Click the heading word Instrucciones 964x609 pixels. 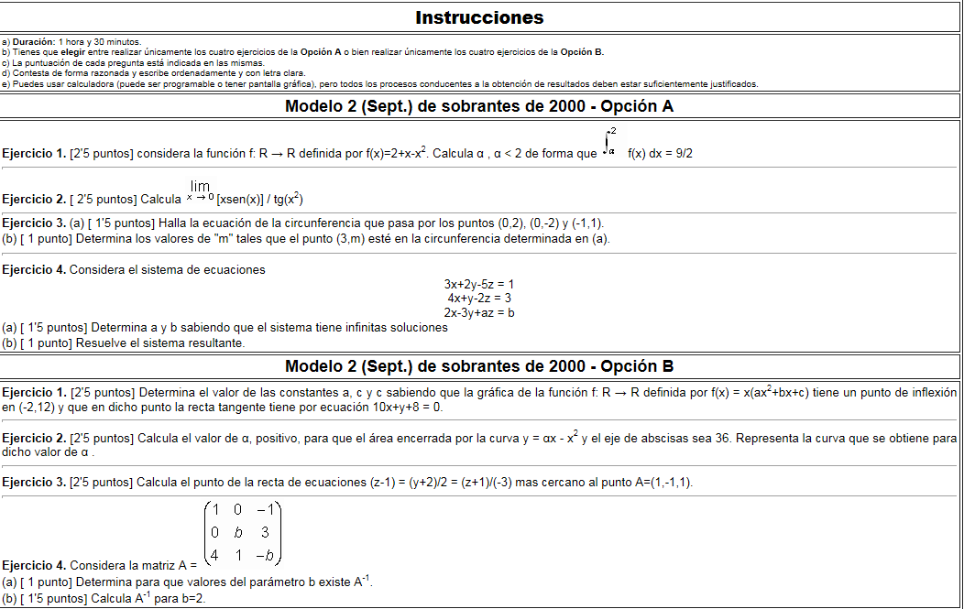tap(479, 17)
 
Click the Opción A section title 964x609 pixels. tap(479, 106)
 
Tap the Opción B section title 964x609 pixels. tap(479, 367)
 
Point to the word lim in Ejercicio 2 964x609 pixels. tap(201, 187)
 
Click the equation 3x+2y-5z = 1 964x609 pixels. tap(479, 285)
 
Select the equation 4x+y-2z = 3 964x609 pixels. tap(479, 299)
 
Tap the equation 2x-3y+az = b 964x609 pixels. tap(479, 312)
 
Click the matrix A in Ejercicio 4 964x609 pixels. tap(242, 532)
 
